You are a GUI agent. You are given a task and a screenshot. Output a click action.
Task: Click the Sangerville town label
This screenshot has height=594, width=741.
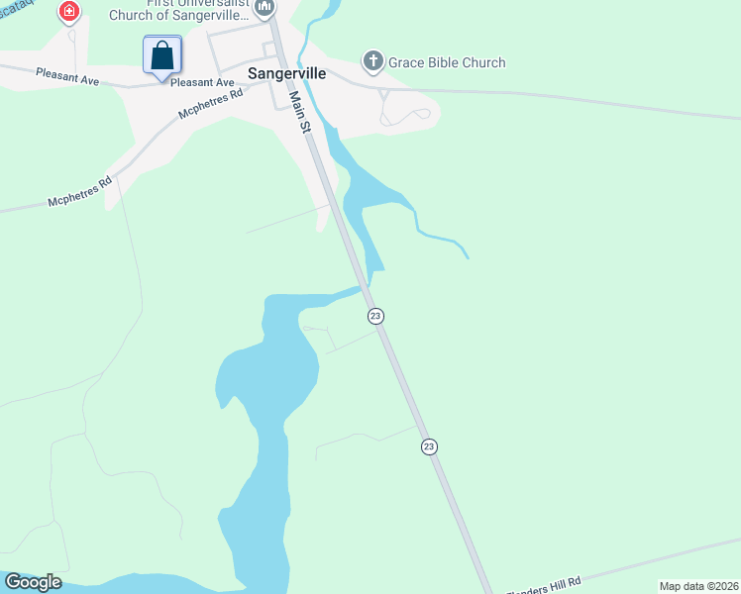click(286, 73)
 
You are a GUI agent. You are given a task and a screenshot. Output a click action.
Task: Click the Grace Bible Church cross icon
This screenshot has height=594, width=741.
click(373, 62)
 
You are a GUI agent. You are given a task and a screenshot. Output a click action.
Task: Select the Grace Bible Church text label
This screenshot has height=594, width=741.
click(447, 62)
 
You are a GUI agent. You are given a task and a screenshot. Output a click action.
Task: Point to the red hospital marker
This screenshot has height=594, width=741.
click(69, 13)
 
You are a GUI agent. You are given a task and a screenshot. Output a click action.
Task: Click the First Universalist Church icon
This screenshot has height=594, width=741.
click(264, 9)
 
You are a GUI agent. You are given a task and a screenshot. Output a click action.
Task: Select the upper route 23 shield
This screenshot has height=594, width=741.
click(374, 316)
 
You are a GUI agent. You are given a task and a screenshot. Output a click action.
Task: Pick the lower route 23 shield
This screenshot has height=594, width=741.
click(429, 446)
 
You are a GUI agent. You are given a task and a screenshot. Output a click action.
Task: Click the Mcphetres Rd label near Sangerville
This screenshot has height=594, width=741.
click(210, 106)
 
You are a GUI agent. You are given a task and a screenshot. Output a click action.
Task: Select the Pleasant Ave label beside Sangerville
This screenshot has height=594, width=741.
click(202, 83)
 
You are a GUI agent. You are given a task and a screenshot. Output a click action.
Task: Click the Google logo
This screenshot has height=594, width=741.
click(33, 582)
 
